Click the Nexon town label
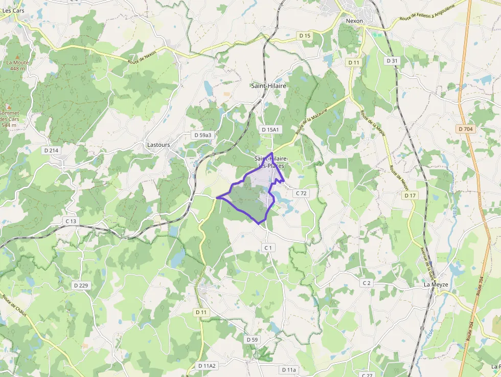354,21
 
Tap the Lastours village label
158,145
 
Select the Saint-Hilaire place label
268,86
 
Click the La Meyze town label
435,284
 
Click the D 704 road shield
466,129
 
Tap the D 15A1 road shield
270,130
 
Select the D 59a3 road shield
202,135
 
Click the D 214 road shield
52,150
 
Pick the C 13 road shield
71,221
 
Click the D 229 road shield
81,285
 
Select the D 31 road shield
392,60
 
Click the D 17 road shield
410,195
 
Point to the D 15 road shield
305,35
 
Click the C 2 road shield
366,283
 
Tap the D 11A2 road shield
207,366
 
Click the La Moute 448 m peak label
17,65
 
